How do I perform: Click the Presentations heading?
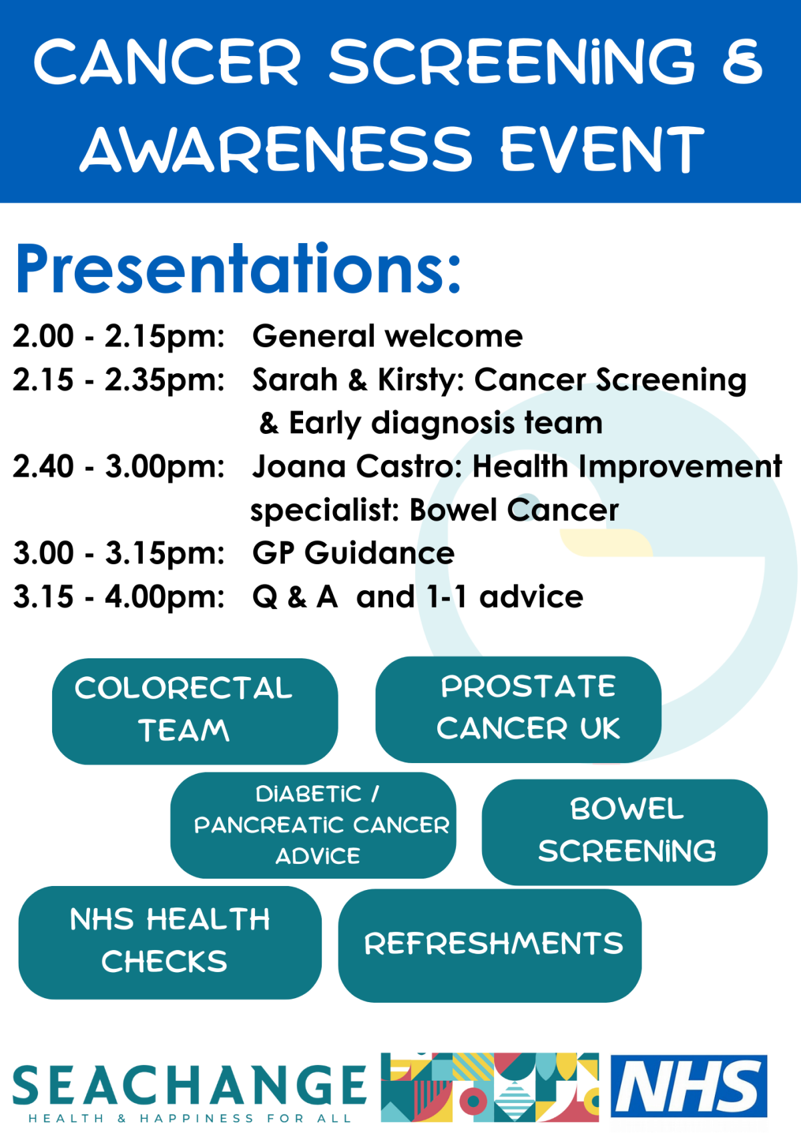(x=238, y=268)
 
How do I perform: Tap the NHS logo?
(x=689, y=1086)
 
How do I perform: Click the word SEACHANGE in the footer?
(x=190, y=1085)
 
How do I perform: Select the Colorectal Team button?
(x=195, y=711)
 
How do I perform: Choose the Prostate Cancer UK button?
(x=519, y=709)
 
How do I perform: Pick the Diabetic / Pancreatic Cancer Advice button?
(x=313, y=825)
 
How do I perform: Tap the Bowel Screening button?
(x=625, y=832)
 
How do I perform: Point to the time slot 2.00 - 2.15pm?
(x=119, y=336)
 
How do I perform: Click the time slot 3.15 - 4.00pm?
(x=119, y=597)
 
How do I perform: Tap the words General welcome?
(x=387, y=336)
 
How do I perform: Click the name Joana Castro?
(x=352, y=466)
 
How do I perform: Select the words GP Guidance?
(x=354, y=553)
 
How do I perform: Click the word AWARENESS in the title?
(x=276, y=148)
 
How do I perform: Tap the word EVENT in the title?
(x=602, y=148)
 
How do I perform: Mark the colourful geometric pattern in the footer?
(x=489, y=1087)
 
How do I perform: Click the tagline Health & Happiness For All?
(x=190, y=1118)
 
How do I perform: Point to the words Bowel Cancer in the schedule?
(x=514, y=509)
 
